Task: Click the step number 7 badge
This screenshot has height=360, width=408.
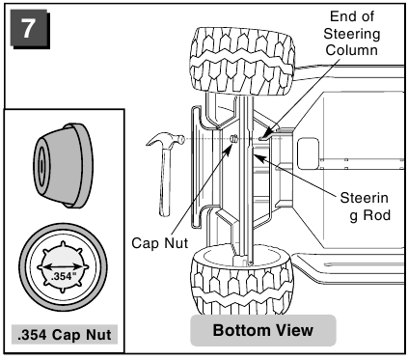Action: [x=30, y=29]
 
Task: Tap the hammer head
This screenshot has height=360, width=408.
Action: [x=165, y=140]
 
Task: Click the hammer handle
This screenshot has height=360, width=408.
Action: [x=165, y=181]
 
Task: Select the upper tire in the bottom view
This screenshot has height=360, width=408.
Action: [x=242, y=61]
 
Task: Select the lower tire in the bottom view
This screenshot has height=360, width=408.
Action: [x=242, y=279]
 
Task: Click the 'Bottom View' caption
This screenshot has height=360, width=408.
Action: [x=263, y=330]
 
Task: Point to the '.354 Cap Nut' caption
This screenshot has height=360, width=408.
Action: [x=65, y=335]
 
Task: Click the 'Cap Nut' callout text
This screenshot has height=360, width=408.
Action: [x=160, y=242]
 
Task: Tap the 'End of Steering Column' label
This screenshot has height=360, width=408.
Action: [x=352, y=34]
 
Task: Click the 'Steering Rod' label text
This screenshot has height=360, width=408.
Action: [x=365, y=207]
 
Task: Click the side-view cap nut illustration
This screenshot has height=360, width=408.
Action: [x=63, y=165]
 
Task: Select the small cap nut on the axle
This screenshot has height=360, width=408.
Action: [x=234, y=139]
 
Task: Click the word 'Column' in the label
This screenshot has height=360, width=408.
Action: [x=352, y=50]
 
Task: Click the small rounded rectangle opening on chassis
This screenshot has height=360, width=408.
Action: [x=308, y=153]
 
